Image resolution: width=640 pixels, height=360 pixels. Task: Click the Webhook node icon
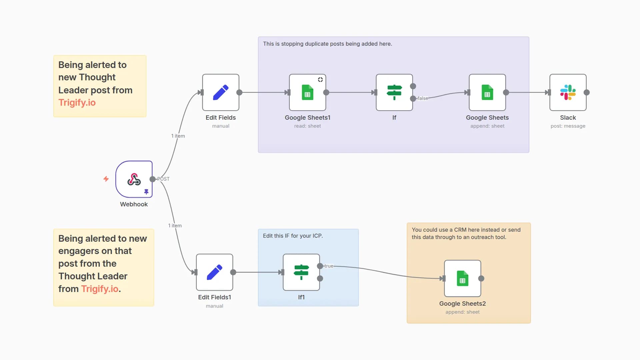pyautogui.click(x=134, y=179)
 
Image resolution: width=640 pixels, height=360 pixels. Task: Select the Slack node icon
pyautogui.click(x=568, y=92)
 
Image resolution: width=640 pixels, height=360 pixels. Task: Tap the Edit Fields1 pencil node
pyautogui.click(x=214, y=272)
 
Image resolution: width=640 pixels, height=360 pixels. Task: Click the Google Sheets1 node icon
pyautogui.click(x=307, y=92)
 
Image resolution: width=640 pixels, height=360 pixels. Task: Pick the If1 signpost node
pyautogui.click(x=301, y=272)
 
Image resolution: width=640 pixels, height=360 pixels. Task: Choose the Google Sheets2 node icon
pyautogui.click(x=462, y=278)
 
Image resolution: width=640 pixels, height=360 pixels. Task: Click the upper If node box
pyautogui.click(x=394, y=92)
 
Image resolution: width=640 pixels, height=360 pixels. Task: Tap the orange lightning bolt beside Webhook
pyautogui.click(x=106, y=179)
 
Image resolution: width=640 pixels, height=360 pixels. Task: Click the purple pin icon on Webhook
pyautogui.click(x=146, y=192)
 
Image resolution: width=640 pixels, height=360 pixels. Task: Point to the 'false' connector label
pyautogui.click(x=423, y=98)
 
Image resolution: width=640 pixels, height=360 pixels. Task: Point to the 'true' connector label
pyautogui.click(x=329, y=266)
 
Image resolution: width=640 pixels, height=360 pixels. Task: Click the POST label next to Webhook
pyautogui.click(x=163, y=179)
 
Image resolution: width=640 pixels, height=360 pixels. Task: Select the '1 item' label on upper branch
pyautogui.click(x=178, y=136)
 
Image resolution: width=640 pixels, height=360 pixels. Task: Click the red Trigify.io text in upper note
pyautogui.click(x=77, y=103)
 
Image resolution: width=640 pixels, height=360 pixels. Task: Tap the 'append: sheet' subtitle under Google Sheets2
pyautogui.click(x=462, y=312)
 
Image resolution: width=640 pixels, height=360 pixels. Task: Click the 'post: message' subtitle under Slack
pyautogui.click(x=568, y=126)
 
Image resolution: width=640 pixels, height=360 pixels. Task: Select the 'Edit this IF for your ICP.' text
pyautogui.click(x=293, y=236)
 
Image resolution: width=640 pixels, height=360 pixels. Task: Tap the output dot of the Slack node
pyautogui.click(x=587, y=92)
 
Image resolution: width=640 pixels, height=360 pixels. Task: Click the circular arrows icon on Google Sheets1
pyautogui.click(x=320, y=80)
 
